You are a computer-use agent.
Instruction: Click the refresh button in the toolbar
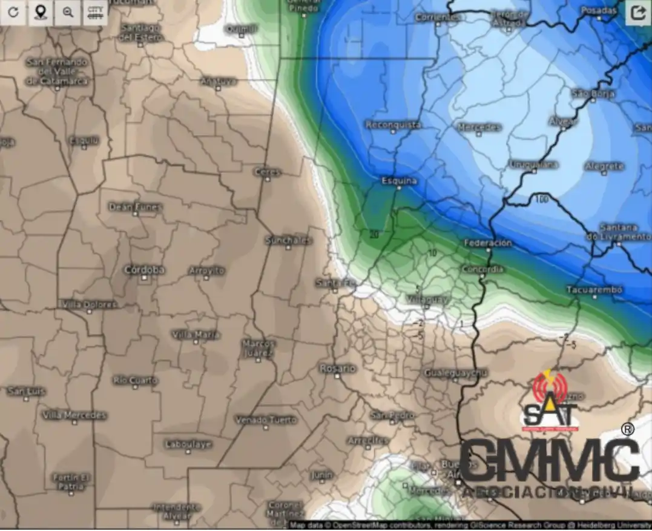click(13, 13)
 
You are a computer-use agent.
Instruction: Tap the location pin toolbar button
click(41, 13)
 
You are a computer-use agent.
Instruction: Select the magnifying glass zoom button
click(68, 13)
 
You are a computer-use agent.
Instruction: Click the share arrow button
click(638, 13)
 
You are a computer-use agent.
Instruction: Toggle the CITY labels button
click(95, 13)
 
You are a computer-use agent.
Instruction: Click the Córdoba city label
click(145, 270)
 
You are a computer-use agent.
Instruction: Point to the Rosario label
click(338, 368)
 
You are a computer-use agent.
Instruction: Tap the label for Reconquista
click(393, 125)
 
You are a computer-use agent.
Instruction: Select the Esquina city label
click(399, 181)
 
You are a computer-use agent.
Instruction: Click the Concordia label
click(482, 269)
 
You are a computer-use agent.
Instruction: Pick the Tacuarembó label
click(594, 290)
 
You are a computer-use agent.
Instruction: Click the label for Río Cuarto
click(135, 380)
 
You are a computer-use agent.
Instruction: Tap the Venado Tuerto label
click(266, 419)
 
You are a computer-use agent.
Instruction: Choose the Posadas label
click(598, 10)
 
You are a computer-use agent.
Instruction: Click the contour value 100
click(541, 199)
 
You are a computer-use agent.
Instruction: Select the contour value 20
click(374, 233)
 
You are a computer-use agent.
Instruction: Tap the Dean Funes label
click(136, 207)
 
